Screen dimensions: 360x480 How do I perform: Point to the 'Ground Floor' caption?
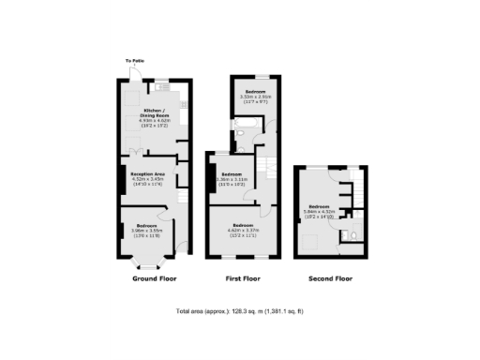coord(154,278)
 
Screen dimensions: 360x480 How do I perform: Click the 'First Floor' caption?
coord(243,278)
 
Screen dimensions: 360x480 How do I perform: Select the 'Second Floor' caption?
coord(330,278)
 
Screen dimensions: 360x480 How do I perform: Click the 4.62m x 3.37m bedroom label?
coord(246,227)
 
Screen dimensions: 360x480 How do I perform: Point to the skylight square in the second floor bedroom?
coord(309,240)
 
